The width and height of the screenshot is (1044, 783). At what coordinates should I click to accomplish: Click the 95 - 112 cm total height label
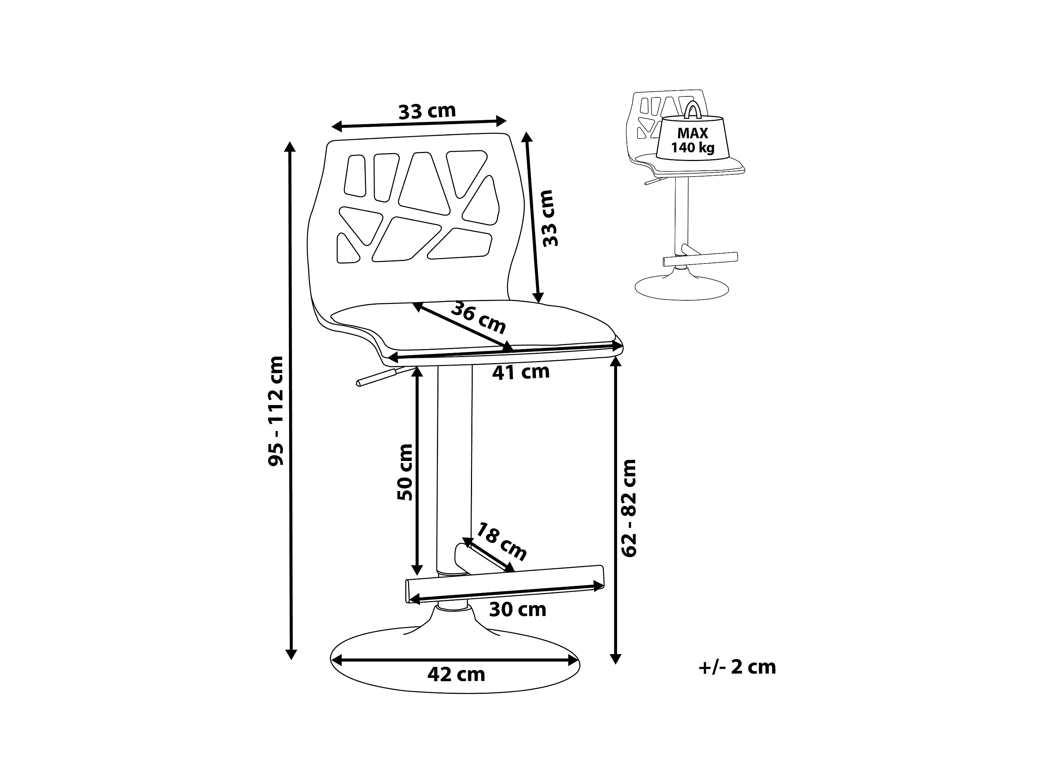276,411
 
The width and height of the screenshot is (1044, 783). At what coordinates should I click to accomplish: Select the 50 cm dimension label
405,472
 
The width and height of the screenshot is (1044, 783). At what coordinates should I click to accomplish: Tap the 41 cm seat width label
521,372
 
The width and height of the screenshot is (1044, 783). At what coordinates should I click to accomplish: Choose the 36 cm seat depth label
478,318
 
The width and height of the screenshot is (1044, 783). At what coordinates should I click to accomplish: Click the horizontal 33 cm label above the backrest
427,112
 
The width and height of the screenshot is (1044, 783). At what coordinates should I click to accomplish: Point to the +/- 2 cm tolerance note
737,667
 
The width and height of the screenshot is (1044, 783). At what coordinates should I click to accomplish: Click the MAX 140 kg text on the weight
693,140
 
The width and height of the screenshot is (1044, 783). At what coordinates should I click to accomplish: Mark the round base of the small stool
682,288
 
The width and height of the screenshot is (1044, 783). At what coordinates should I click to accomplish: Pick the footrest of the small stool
700,259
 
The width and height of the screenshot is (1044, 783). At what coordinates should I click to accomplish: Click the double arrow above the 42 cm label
454,661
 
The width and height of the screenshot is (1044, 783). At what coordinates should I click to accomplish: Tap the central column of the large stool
454,467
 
